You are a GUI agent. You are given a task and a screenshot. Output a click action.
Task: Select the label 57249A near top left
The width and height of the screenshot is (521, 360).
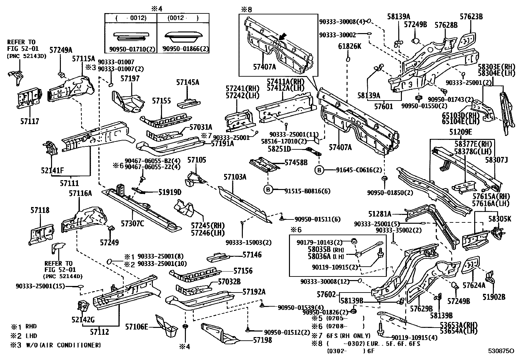tap(61, 50)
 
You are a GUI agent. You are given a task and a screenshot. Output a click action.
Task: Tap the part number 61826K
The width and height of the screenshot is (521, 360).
tap(350, 46)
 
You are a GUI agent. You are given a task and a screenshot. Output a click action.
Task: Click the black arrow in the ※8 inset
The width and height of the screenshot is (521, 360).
tap(283, 36)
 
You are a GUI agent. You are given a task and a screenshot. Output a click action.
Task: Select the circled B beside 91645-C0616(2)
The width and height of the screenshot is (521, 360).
tap(319, 170)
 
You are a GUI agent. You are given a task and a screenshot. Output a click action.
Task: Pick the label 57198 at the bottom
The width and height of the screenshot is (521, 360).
tap(262, 340)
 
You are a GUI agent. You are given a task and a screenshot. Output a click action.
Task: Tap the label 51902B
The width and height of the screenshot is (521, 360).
tap(494, 297)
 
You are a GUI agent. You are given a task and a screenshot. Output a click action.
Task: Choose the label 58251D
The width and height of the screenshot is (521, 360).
tap(279, 149)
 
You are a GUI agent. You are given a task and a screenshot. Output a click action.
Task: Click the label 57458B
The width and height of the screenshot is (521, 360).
tap(296, 162)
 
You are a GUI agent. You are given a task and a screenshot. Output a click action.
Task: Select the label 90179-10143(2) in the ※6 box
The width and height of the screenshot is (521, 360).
tap(319, 242)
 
